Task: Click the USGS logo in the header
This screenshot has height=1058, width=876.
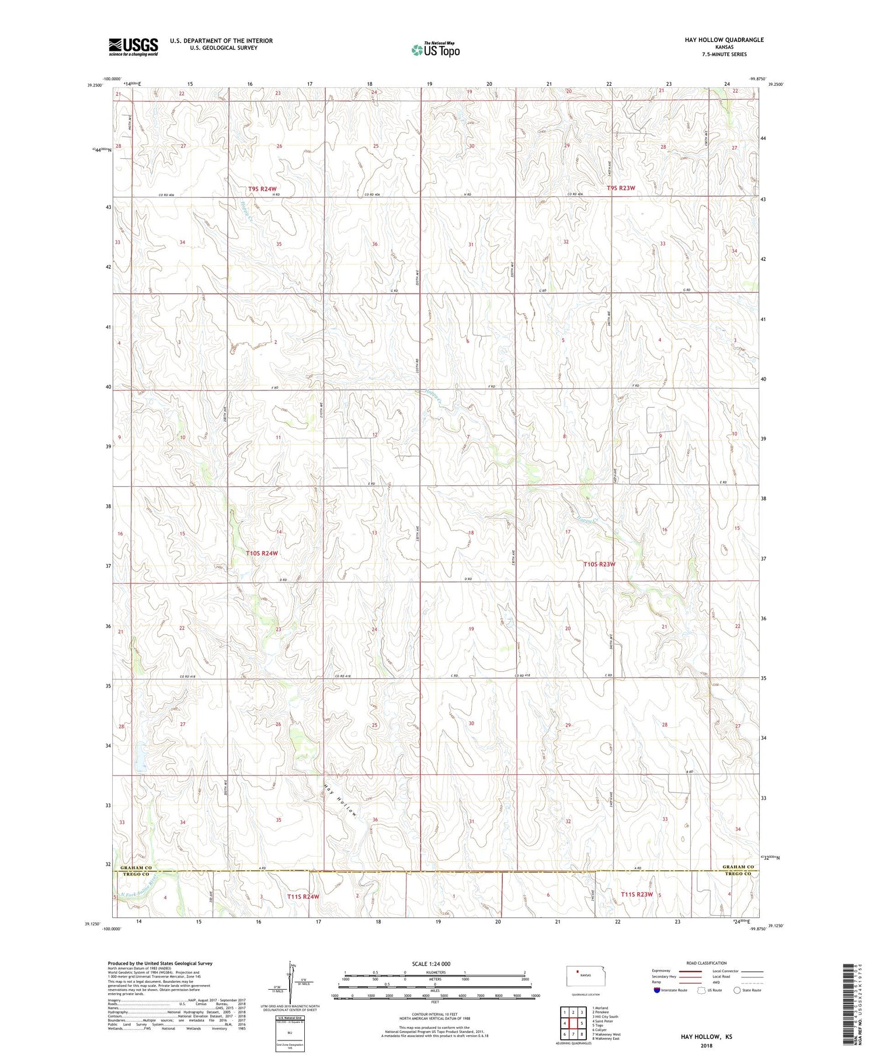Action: coord(133,47)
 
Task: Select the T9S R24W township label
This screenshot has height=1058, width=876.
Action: coord(262,188)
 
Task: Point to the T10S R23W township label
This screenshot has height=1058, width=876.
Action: coord(599,564)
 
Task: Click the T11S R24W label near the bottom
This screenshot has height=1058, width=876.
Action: coord(303,896)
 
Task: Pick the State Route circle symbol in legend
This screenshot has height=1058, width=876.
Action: coord(738,990)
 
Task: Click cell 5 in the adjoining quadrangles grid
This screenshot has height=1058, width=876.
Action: coord(582,1023)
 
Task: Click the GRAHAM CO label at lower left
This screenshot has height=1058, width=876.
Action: coord(135,868)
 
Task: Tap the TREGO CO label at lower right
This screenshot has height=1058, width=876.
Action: coord(738,874)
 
